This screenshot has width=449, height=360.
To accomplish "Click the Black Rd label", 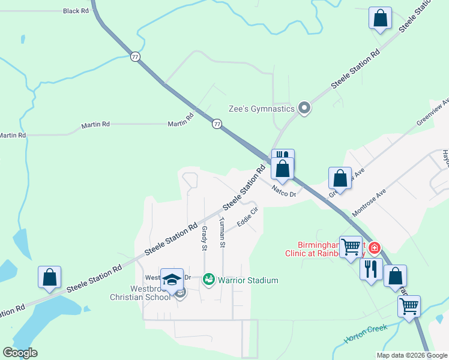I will [76, 11].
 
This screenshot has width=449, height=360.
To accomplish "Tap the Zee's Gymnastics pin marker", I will [304, 109].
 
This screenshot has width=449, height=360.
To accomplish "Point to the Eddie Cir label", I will [247, 217].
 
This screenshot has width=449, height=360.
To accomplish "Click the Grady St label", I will [204, 238].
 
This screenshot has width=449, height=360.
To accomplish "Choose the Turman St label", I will [222, 233].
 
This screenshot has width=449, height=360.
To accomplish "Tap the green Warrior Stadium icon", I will [209, 280].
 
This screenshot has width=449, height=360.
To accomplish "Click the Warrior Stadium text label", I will [248, 280].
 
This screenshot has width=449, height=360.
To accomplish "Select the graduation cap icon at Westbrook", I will [172, 279].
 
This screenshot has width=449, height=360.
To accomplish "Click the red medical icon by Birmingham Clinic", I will [375, 247].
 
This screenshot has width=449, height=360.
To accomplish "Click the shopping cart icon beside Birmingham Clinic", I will [351, 247].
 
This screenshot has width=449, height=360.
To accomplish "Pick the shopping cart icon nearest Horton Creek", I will [409, 306].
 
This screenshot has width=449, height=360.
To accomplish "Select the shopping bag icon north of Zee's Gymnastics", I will [380, 18].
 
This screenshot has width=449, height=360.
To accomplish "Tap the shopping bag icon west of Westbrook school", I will [49, 277].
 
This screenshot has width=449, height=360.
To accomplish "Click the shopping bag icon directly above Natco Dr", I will [283, 169].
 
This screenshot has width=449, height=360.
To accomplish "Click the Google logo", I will [20, 353].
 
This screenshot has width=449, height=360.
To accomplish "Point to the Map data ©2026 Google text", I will [412, 355].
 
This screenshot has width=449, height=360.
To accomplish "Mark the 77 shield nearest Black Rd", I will [135, 56].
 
